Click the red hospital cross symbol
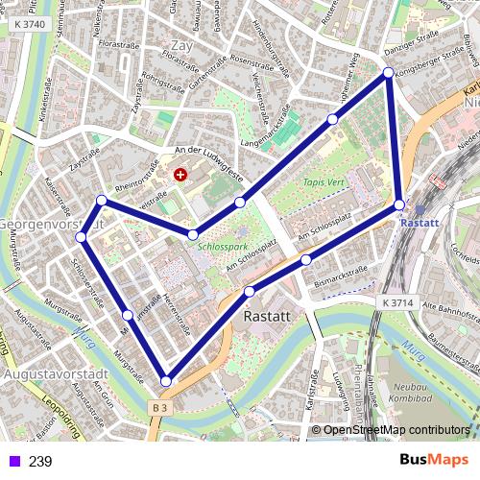click(180, 175)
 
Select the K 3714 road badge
click(396, 301)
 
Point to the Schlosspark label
click(224, 245)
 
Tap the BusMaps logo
click(434, 460)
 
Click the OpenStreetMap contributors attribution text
click(396, 430)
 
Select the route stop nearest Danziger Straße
click(388, 73)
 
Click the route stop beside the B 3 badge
click(166, 381)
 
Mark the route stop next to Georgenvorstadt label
click(82, 236)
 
